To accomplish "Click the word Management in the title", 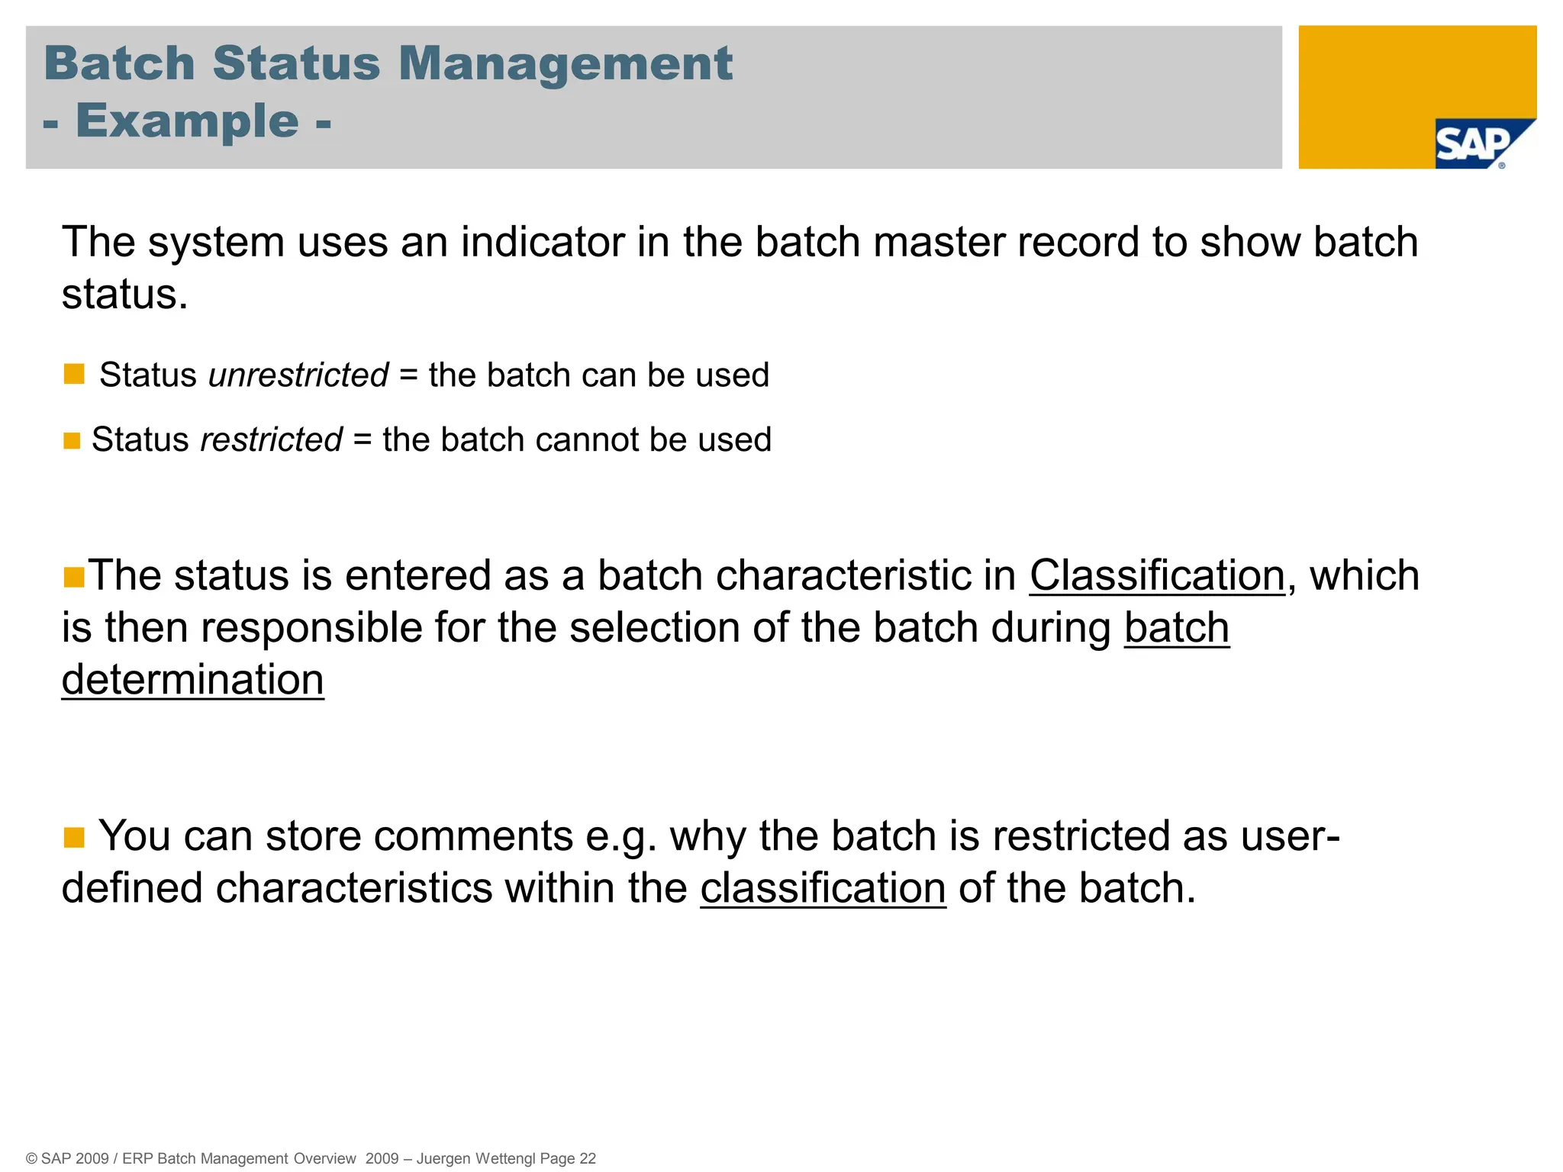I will click(565, 63).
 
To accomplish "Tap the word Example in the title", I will click(187, 121).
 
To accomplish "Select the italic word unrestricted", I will click(298, 375).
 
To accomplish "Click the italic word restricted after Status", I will click(271, 440).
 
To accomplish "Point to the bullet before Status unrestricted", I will click(74, 374).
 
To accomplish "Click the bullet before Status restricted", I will click(72, 441).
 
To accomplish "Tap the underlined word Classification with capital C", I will click(1157, 575).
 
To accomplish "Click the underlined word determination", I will click(192, 680).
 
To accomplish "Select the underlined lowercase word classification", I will click(823, 889).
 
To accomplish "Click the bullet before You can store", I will click(74, 838).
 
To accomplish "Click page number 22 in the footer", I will click(588, 1158).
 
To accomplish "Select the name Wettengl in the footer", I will click(505, 1158).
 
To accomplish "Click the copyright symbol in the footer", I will click(32, 1158).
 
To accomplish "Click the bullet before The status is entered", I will click(74, 578).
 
